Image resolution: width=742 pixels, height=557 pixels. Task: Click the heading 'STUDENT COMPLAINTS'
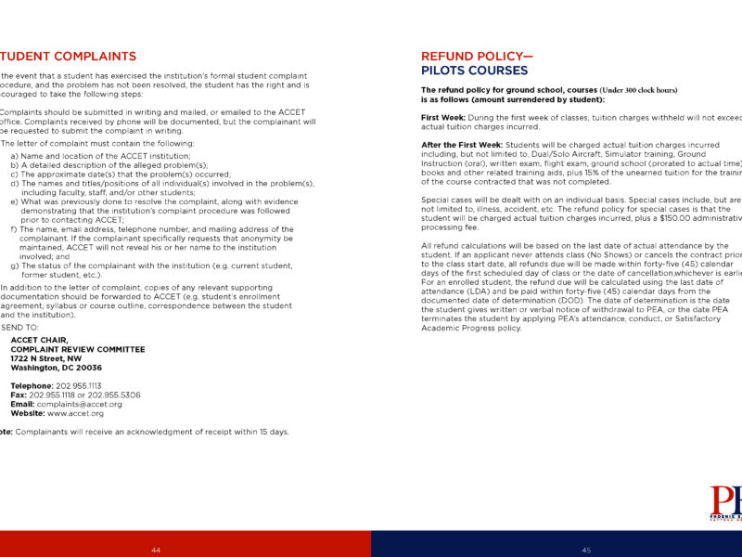(x=69, y=57)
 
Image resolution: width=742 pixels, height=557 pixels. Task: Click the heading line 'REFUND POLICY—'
(x=477, y=57)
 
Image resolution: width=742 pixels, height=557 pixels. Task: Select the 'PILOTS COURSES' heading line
(x=474, y=70)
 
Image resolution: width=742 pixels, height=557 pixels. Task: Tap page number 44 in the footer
(x=156, y=550)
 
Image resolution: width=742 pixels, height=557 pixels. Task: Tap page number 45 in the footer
(x=586, y=550)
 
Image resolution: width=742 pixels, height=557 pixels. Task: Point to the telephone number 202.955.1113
(x=79, y=385)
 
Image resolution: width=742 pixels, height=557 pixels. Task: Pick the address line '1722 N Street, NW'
(x=46, y=358)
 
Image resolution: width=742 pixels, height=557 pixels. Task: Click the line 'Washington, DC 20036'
(x=57, y=368)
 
